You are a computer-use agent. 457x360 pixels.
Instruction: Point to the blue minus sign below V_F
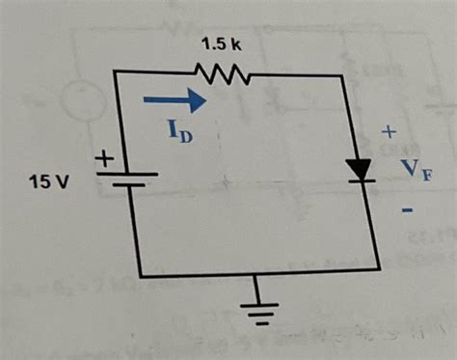[x=408, y=209]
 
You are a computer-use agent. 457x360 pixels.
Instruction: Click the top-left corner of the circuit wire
[x=116, y=72]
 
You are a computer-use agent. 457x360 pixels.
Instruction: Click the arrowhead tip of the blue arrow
[x=206, y=97]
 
